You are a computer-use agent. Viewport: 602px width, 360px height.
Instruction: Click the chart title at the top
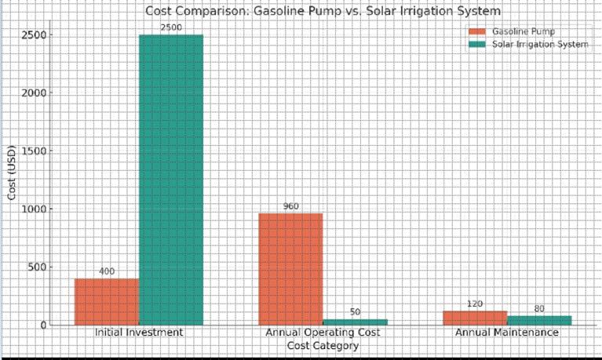[323, 11]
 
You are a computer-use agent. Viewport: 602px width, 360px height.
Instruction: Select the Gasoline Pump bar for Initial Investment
[107, 301]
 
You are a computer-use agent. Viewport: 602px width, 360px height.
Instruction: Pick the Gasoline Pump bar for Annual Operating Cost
[290, 268]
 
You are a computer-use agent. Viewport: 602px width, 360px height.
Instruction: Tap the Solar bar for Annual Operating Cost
[355, 322]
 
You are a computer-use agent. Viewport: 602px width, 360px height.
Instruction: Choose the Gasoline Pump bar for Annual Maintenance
[475, 318]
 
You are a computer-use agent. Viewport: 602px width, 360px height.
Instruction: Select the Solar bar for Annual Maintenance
[539, 320]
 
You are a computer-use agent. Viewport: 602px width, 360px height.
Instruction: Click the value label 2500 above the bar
[171, 27]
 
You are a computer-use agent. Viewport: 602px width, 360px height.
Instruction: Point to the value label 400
[107, 271]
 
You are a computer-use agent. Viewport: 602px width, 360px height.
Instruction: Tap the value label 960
[290, 206]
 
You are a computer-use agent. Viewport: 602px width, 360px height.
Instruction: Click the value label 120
[475, 304]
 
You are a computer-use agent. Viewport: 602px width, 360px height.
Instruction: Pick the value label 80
[539, 308]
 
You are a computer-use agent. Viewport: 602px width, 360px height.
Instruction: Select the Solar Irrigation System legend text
[540, 44]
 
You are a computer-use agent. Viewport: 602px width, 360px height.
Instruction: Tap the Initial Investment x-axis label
[139, 333]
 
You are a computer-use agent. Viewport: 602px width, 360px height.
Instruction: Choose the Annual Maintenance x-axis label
[507, 333]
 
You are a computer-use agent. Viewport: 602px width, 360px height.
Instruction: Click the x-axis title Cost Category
[323, 345]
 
